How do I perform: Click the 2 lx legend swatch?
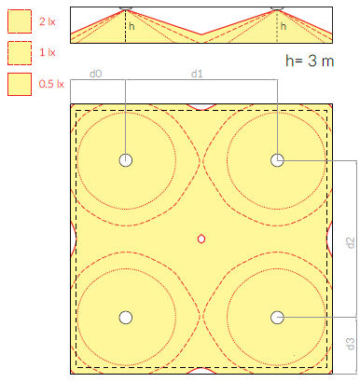tap(20, 21)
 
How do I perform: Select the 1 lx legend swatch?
tap(20, 53)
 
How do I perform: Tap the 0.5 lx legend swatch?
tap(20, 84)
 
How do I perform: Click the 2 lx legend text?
tap(48, 21)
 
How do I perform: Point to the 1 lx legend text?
tap(48, 52)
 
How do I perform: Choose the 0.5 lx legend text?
tap(51, 84)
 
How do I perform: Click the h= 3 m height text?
tap(310, 61)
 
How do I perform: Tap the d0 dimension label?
tap(96, 74)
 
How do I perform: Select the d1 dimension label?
tap(197, 74)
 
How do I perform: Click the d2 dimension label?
tap(351, 242)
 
